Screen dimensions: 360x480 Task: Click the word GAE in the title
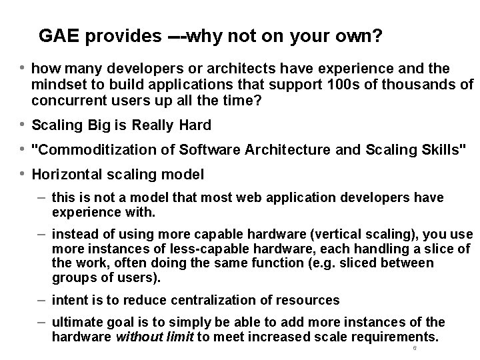click(x=58, y=35)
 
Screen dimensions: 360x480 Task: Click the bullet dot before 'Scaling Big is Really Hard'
click(x=23, y=125)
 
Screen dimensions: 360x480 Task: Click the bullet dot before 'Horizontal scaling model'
click(x=23, y=174)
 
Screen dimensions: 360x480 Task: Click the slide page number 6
click(x=414, y=349)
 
